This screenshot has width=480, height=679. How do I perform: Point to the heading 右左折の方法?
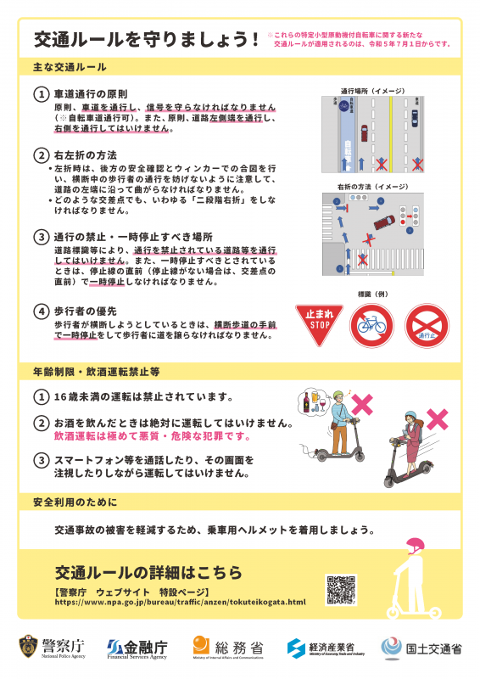pos(86,155)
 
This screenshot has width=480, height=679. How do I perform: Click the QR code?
pos(340,589)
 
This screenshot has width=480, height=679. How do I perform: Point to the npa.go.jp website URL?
pos(179,602)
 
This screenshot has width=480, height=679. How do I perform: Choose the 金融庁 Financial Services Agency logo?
pos(137,648)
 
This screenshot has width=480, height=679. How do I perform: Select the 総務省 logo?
pos(227,648)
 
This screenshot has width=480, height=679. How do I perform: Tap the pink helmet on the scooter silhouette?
pos(416,547)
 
